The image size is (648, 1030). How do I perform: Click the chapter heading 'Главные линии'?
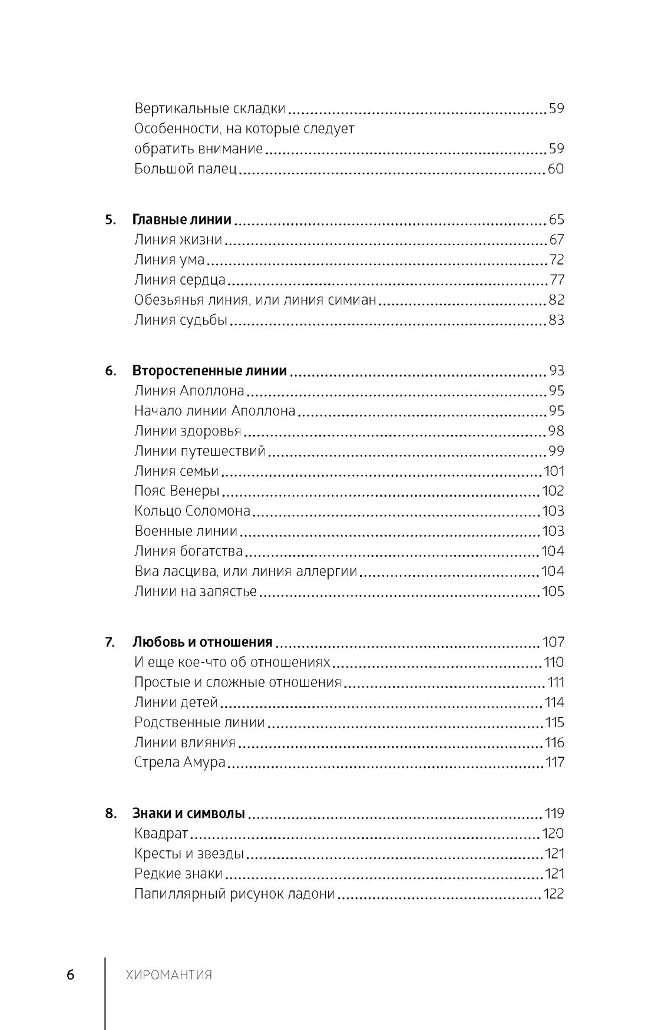182,220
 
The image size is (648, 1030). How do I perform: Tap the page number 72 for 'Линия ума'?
556,260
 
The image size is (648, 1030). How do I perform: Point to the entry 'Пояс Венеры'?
177,491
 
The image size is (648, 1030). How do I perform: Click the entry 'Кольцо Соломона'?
192,511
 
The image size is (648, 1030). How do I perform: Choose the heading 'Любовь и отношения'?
203,642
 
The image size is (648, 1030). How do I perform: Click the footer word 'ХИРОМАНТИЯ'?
169,975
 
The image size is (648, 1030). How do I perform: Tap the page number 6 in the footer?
71,975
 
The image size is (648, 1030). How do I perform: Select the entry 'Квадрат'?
161,834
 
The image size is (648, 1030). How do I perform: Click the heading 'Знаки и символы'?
189,814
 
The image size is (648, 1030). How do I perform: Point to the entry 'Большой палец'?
186,169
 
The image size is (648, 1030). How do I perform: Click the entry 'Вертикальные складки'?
210,109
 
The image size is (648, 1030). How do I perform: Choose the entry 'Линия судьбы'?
180,321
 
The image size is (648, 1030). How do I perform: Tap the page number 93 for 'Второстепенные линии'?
556,371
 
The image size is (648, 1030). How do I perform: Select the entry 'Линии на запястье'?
196,591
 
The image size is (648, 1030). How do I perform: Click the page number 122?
554,894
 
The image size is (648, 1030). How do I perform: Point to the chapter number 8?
111,814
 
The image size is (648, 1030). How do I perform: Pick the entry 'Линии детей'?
176,702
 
